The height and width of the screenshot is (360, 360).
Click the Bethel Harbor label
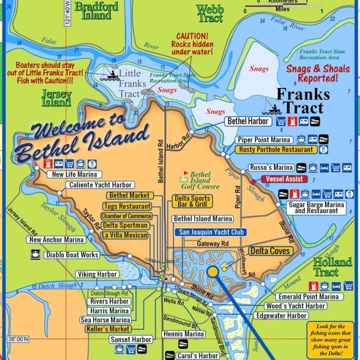248,121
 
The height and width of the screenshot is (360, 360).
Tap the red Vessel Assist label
285,179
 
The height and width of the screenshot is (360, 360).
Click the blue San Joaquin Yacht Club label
209,232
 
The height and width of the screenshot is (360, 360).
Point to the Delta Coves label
270,251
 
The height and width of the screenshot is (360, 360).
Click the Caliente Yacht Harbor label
100,185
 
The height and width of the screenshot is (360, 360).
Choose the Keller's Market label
109,329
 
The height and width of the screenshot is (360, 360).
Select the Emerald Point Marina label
309,296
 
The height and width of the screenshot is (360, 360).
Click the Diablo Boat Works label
72,255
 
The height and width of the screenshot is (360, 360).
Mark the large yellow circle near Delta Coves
213,272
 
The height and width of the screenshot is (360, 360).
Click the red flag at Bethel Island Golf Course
186,173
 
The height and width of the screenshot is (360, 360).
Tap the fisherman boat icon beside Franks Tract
272,107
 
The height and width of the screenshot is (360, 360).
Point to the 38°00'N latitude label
18,339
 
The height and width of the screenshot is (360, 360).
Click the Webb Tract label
210,13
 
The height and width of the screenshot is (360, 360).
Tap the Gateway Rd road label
213,244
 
